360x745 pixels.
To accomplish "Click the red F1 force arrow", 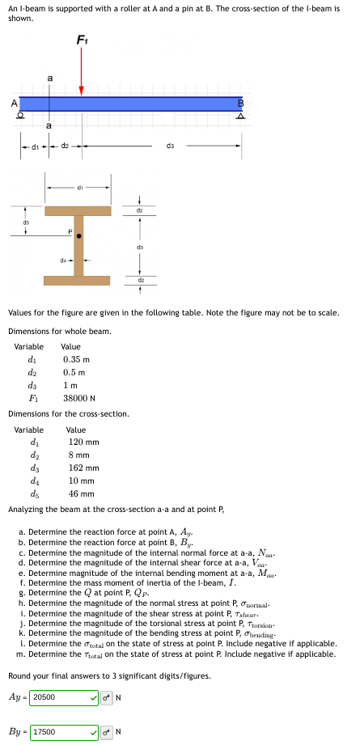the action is (81, 77).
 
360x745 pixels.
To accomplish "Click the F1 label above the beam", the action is (82, 39).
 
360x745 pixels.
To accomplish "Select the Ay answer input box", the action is (63, 696).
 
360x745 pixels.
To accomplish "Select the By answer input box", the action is (63, 732).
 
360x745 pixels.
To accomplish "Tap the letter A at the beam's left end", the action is (13, 103).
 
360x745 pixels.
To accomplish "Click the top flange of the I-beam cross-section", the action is (78, 210).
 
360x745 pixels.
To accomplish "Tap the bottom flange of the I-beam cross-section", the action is (78, 281).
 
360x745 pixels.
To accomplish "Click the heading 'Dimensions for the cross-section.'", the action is (68, 413).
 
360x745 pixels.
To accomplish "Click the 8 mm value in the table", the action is (78, 455).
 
